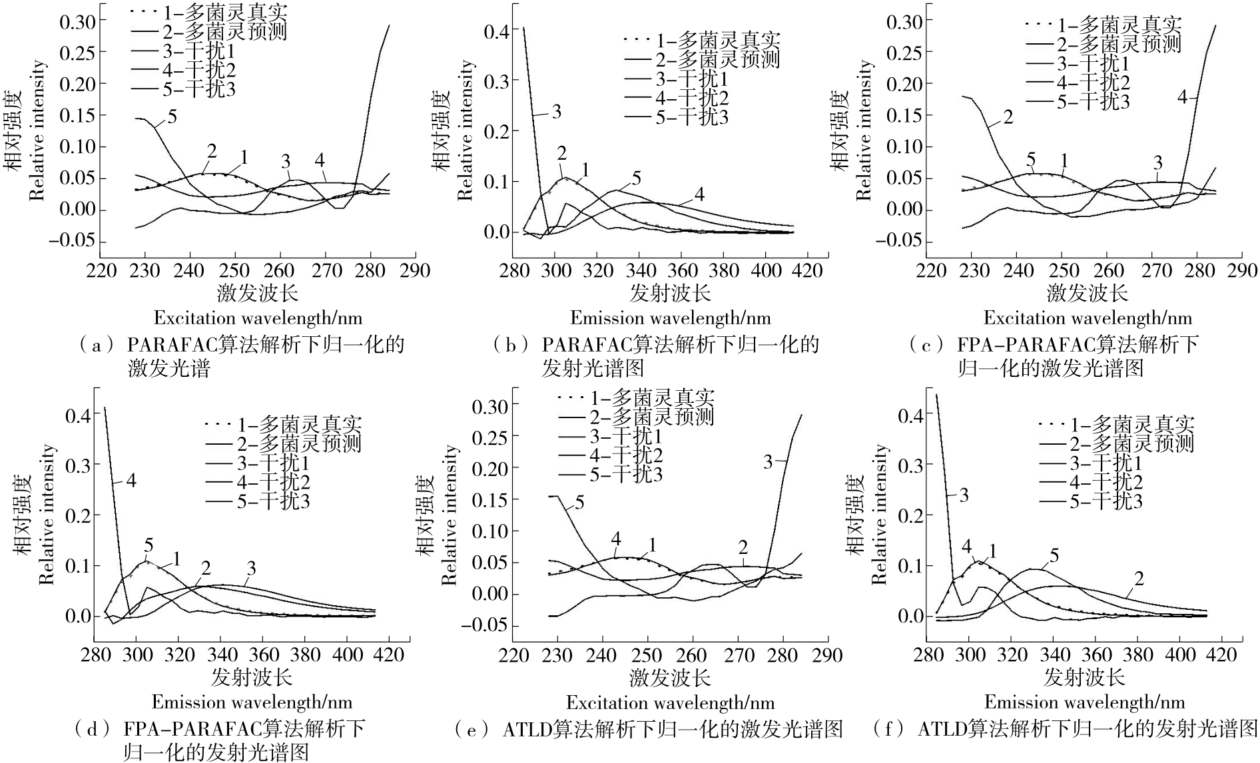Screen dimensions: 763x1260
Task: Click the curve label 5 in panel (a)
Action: pyautogui.click(x=172, y=117)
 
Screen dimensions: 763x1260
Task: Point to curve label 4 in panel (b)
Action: pyautogui.click(x=699, y=194)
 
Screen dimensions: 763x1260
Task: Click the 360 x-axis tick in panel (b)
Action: pyautogui.click(x=681, y=270)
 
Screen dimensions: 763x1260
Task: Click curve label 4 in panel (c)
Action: pyautogui.click(x=1182, y=98)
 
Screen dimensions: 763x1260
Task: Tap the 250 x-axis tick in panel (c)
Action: pyautogui.click(x=1062, y=270)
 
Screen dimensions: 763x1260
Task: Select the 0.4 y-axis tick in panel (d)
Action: pyautogui.click(x=78, y=415)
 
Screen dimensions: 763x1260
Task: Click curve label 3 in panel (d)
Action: pyautogui.click(x=251, y=568)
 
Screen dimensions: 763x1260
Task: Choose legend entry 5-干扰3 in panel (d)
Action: pyautogui.click(x=272, y=501)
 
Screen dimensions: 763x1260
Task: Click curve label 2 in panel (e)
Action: pyautogui.click(x=743, y=548)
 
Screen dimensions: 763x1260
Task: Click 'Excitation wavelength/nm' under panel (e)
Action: pyautogui.click(x=670, y=702)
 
